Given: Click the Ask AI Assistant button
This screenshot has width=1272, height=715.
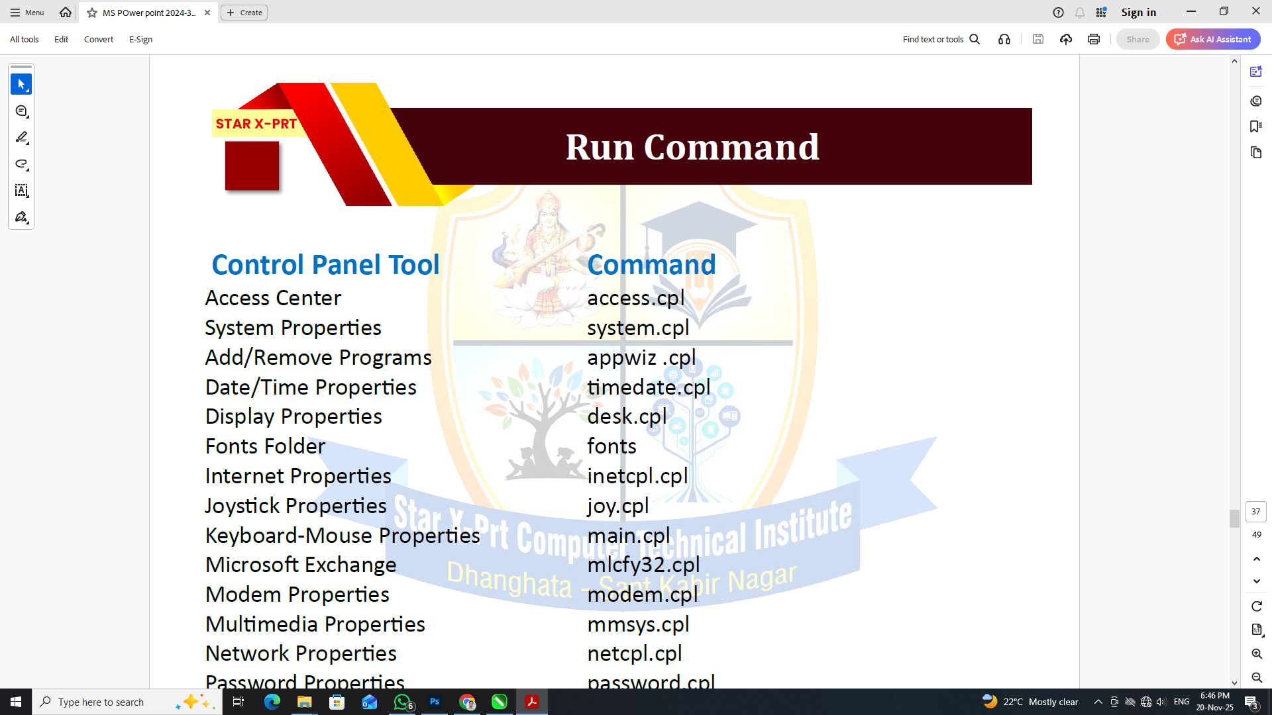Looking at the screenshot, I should point(1213,39).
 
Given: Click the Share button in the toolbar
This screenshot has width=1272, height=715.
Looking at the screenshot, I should point(1138,39).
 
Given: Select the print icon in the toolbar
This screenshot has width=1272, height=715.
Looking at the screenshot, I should point(1094,39).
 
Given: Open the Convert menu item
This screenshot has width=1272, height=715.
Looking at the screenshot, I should point(99,39).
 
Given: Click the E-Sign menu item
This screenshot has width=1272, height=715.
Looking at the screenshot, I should point(140,39).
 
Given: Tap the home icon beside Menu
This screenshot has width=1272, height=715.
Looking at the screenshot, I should point(66,12).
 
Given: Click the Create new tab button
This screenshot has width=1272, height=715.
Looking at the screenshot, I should point(244,12).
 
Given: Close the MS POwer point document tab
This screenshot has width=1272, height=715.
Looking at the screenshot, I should point(207,12).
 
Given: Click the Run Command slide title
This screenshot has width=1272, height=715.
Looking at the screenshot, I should point(692,146).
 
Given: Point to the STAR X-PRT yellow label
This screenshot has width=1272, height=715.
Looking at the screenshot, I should point(256,124).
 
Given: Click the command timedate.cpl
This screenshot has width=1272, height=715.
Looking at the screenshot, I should point(649,387).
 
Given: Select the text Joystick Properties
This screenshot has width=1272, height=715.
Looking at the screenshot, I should point(295,506).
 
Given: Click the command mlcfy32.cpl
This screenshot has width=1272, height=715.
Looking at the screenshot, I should point(643,565).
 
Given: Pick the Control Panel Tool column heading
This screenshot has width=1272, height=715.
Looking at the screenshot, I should point(325,265).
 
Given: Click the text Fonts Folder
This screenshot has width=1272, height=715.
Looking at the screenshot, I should point(265,446).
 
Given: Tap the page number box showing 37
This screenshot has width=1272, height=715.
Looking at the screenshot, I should point(1255,511).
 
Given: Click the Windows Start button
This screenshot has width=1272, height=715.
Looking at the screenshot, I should point(16,702).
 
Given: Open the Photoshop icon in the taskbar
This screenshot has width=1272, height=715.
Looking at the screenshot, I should point(435,702).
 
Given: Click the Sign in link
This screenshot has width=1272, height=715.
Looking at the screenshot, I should point(1138,12).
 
